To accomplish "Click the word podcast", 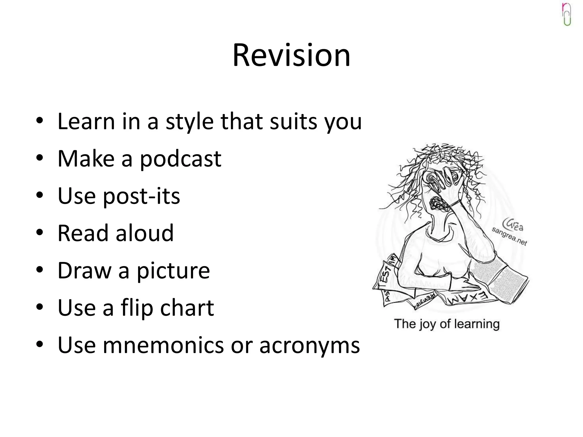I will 180,159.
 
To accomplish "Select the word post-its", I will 141,196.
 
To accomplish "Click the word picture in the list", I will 173,271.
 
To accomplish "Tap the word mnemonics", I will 163,345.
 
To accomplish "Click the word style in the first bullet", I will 190,122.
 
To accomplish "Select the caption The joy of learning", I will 447,324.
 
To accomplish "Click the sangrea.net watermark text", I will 510,236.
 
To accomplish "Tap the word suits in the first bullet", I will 293,121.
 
